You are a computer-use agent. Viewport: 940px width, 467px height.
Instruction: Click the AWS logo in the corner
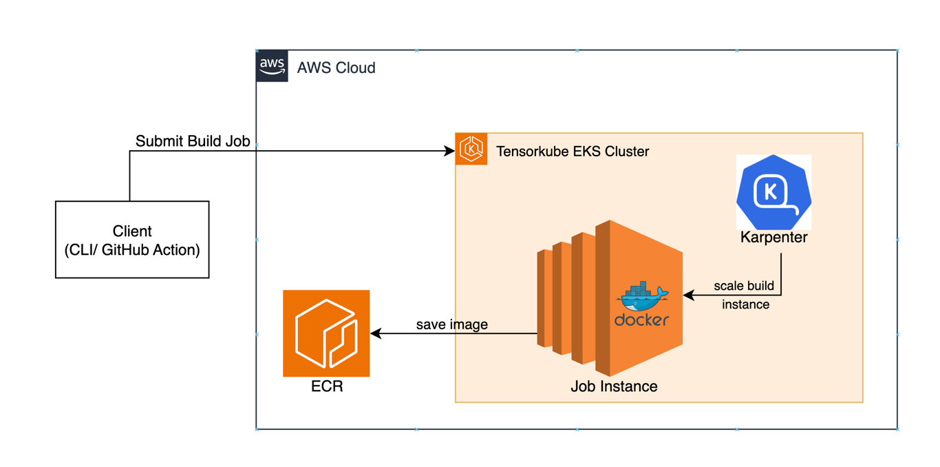(272, 67)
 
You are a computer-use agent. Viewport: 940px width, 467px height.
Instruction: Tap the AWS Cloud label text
(336, 68)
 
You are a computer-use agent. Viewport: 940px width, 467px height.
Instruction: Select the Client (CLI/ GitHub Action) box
(132, 240)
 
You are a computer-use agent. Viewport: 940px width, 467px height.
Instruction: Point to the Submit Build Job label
(193, 141)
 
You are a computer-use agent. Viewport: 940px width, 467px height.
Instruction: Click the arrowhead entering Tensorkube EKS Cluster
(450, 152)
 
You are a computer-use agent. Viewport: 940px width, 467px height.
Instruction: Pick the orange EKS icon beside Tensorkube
(471, 149)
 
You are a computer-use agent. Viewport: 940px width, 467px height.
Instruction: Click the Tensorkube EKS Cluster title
(573, 152)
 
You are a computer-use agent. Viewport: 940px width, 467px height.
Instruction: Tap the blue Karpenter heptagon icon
(773, 191)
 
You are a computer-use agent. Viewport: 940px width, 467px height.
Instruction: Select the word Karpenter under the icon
(773, 238)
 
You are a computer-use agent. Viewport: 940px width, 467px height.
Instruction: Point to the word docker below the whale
(641, 320)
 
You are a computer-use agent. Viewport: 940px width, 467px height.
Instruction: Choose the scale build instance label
(745, 295)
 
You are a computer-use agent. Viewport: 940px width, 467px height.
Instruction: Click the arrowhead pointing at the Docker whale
(687, 296)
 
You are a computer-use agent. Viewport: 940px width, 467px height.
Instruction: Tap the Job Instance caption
(614, 386)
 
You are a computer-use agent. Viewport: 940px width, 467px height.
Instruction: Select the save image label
(452, 324)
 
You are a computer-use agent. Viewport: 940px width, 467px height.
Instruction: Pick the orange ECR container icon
(326, 333)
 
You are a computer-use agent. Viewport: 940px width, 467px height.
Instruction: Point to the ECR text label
(327, 386)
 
